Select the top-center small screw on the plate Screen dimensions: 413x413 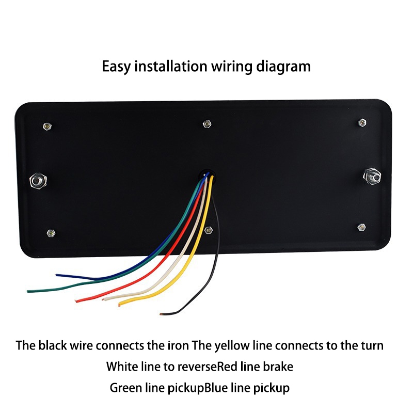point(206,124)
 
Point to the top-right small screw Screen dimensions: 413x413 point(362,122)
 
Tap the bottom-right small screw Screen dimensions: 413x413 point(361,227)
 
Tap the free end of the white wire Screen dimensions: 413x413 point(105,298)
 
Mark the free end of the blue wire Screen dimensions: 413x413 point(58,275)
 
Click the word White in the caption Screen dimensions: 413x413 point(120,367)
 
